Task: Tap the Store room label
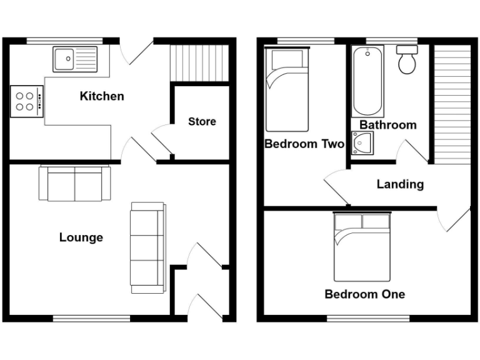pyautogui.click(x=202, y=121)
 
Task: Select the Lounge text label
pyautogui.click(x=81, y=237)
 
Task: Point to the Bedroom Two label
pyautogui.click(x=304, y=144)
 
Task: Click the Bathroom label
pyautogui.click(x=387, y=125)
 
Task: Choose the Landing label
pyautogui.click(x=400, y=184)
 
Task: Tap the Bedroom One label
pyautogui.click(x=364, y=294)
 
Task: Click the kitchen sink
pyautogui.click(x=75, y=59)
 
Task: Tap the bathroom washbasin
pyautogui.click(x=362, y=143)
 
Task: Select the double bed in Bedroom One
pyautogui.click(x=362, y=246)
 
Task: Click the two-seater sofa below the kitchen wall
pyautogui.click(x=75, y=183)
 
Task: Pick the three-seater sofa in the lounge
pyautogui.click(x=147, y=247)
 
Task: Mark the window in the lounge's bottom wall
pyautogui.click(x=92, y=319)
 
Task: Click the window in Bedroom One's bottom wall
pyautogui.click(x=368, y=319)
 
